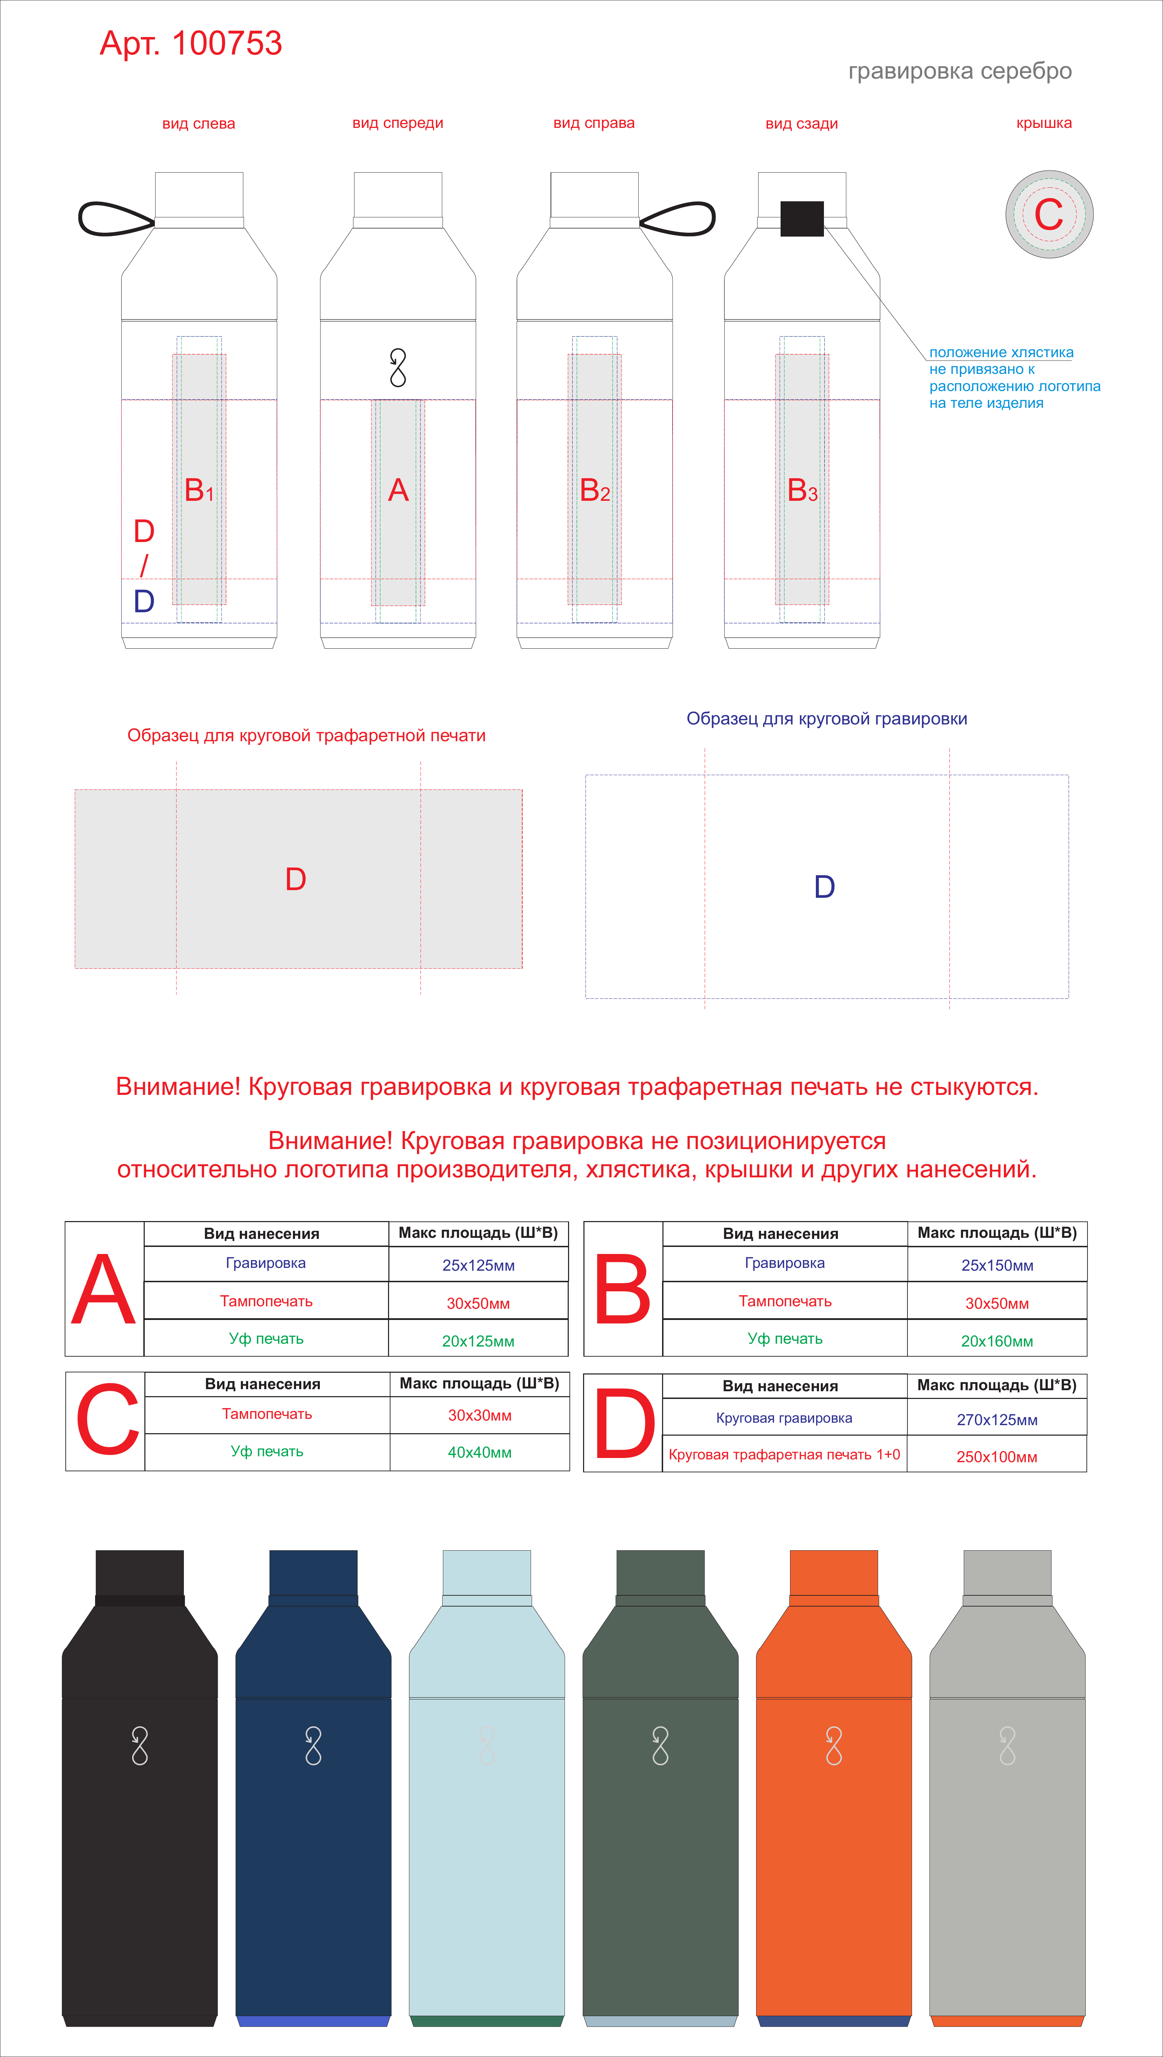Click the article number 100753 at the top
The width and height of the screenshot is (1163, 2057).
click(227, 43)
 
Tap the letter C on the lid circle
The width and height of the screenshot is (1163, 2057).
click(1049, 214)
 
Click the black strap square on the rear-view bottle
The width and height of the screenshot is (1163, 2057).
click(802, 219)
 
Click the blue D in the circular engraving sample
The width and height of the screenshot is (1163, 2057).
click(824, 886)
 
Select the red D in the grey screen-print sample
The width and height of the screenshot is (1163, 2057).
click(295, 879)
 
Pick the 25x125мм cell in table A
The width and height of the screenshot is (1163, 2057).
click(479, 1265)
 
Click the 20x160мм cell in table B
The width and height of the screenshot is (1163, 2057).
click(997, 1341)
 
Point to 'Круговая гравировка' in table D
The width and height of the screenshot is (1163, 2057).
click(784, 1418)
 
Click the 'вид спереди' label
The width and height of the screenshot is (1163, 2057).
click(398, 123)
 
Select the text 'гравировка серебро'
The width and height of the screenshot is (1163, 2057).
click(960, 71)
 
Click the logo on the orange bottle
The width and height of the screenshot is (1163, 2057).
click(834, 1746)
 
